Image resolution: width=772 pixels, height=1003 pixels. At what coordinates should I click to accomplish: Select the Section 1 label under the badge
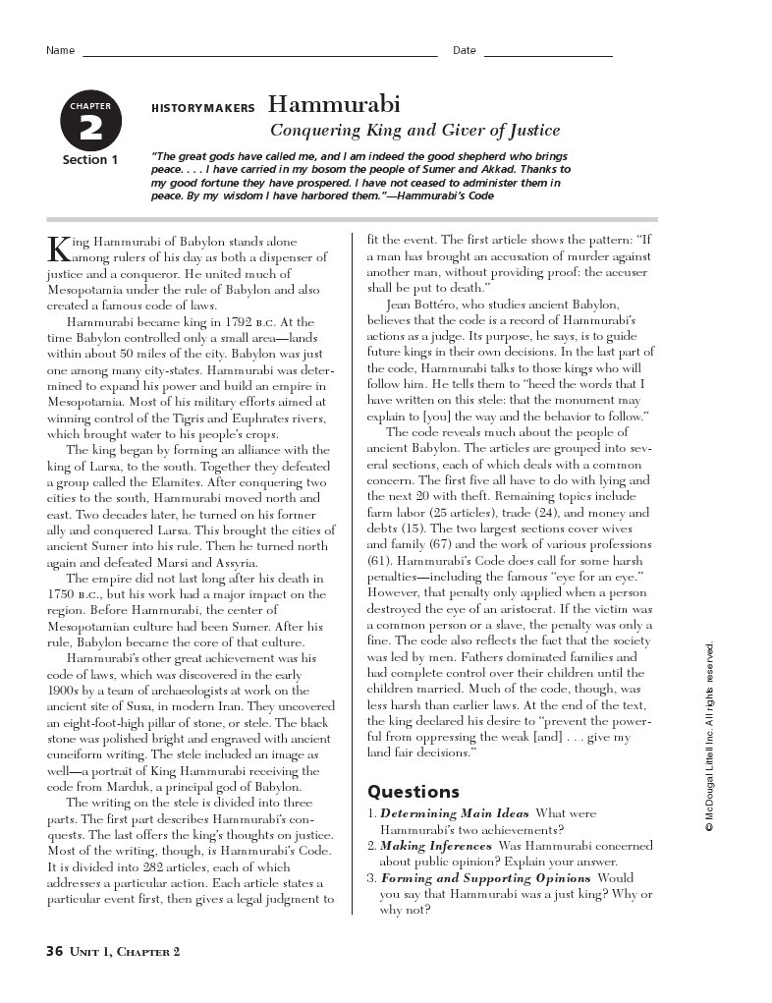90,160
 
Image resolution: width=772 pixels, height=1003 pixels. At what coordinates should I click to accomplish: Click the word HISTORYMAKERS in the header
203,109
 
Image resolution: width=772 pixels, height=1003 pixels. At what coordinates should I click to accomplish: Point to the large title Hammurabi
334,105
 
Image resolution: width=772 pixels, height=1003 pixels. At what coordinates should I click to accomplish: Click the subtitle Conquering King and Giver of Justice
414,130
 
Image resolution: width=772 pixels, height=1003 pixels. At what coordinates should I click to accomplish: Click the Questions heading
413,791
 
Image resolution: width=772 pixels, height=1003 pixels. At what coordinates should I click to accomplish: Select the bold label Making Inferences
435,846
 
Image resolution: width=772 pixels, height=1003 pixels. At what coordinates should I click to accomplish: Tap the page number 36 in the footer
54,950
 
